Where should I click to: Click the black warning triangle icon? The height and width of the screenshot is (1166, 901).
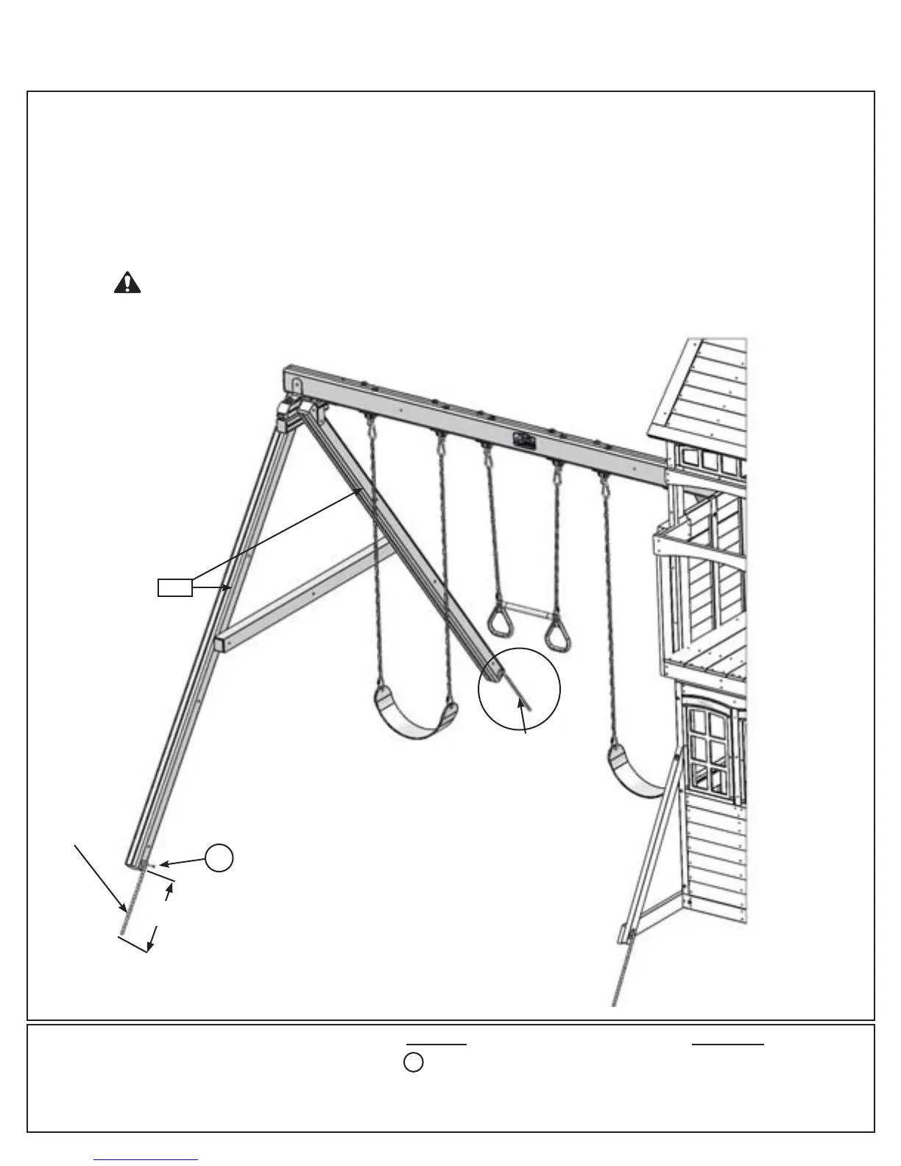pos(127,283)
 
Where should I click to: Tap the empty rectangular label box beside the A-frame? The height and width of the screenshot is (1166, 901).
pos(175,587)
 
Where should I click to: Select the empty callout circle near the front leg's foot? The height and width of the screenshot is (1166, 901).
pos(219,859)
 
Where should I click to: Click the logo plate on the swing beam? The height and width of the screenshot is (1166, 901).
pos(523,439)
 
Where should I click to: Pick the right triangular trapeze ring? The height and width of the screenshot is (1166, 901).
pos(560,633)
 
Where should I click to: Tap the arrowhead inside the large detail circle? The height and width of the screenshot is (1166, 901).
pos(522,704)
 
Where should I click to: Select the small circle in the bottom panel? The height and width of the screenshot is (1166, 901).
pos(414,1063)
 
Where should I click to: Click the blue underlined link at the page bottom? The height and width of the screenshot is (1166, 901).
pos(146,1160)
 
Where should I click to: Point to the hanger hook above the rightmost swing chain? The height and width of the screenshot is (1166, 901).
pos(604,484)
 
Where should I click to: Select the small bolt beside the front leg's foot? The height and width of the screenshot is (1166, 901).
pos(150,866)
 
